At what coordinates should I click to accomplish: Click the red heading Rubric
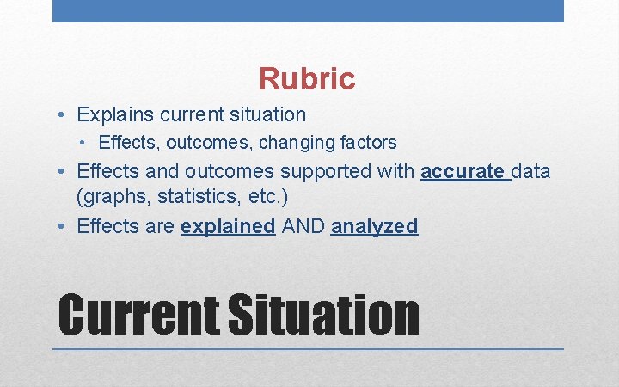click(307, 79)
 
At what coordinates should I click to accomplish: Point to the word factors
click(366, 143)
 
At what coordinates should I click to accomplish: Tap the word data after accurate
click(531, 172)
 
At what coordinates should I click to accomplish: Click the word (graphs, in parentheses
click(106, 197)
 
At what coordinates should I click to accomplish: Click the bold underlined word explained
click(228, 226)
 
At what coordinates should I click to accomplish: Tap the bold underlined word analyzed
click(374, 226)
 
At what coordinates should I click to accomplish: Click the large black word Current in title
click(138, 315)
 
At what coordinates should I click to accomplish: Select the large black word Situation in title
click(323, 315)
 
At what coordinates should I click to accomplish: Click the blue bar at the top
click(308, 10)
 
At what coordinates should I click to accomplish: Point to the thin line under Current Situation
click(308, 349)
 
